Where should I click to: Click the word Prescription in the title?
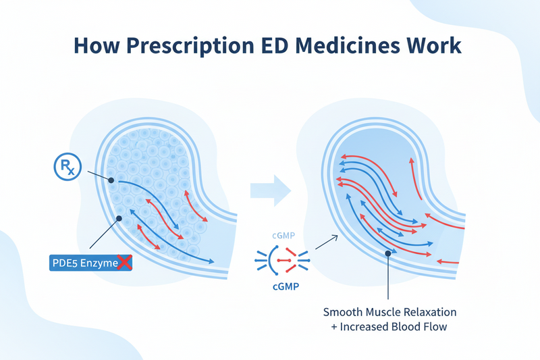(x=190, y=47)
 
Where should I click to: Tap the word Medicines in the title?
(x=348, y=45)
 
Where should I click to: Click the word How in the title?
(x=97, y=45)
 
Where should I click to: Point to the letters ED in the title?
(x=275, y=45)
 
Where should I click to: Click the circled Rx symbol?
(x=68, y=167)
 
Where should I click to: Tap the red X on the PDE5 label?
(x=124, y=263)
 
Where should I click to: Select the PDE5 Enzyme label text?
(x=85, y=263)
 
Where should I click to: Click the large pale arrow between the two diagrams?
(x=271, y=190)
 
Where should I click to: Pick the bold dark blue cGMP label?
(x=286, y=286)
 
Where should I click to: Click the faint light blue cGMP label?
(x=283, y=236)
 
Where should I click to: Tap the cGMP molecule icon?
(x=282, y=261)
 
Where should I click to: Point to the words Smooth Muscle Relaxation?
(x=389, y=312)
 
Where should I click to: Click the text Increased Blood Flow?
(x=394, y=327)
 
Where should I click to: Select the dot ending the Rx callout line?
(x=111, y=180)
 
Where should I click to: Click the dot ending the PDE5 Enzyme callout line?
(x=119, y=218)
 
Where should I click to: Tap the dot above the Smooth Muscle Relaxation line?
(x=388, y=253)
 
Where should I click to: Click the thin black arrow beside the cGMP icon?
(x=327, y=242)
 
